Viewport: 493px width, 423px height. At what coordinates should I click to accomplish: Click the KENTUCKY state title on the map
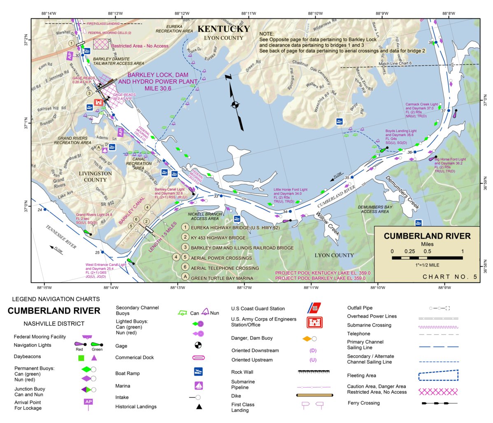(223, 29)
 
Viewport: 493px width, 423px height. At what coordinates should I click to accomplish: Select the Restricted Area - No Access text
(140, 46)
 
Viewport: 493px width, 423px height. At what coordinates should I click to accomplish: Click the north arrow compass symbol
(235, 104)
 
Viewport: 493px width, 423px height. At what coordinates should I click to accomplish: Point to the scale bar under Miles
(427, 258)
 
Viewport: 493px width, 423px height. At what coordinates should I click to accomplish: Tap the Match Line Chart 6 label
(395, 64)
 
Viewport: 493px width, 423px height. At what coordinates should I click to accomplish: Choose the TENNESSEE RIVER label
(61, 237)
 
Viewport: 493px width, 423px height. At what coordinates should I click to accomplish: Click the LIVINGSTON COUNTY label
(95, 177)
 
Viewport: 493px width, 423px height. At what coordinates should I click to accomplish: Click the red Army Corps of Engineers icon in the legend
(314, 322)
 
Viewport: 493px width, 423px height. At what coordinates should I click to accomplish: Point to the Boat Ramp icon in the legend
(199, 372)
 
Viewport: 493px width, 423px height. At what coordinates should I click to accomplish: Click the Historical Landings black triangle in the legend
(199, 407)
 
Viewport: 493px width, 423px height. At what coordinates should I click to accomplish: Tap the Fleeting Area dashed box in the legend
(438, 375)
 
